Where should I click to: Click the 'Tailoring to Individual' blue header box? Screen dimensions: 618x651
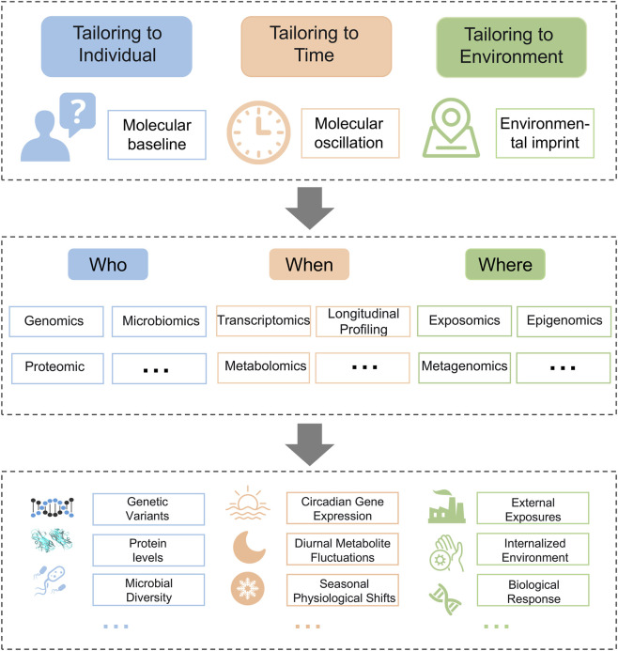pyautogui.click(x=116, y=46)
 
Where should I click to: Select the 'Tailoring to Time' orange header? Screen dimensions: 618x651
pyautogui.click(x=317, y=46)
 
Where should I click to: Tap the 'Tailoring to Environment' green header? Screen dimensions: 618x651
pyautogui.click(x=511, y=47)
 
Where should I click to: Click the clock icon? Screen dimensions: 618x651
pyautogui.click(x=258, y=132)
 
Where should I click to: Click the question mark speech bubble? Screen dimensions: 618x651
pyautogui.click(x=78, y=113)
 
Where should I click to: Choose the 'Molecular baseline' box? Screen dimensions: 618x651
pyautogui.click(x=157, y=134)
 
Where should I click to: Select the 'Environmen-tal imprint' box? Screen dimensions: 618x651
pyautogui.click(x=545, y=133)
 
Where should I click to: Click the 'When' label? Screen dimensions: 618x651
pyautogui.click(x=309, y=264)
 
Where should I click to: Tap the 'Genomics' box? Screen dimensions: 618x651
pyautogui.click(x=56, y=321)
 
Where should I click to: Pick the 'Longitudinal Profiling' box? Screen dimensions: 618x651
pyautogui.click(x=363, y=321)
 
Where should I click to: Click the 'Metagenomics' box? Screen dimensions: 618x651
pyautogui.click(x=464, y=368)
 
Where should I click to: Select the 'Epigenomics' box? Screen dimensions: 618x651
pyautogui.click(x=564, y=321)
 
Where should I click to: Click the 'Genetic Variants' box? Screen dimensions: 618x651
pyautogui.click(x=148, y=509)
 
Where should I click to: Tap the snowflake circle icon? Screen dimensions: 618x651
pyautogui.click(x=247, y=588)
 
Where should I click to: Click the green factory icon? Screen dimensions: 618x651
pyautogui.click(x=446, y=506)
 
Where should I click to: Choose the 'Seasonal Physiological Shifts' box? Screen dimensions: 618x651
pyautogui.click(x=343, y=590)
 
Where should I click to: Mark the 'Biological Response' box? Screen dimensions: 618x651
pyautogui.click(x=533, y=590)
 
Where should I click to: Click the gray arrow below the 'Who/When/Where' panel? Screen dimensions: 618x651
pyautogui.click(x=310, y=444)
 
